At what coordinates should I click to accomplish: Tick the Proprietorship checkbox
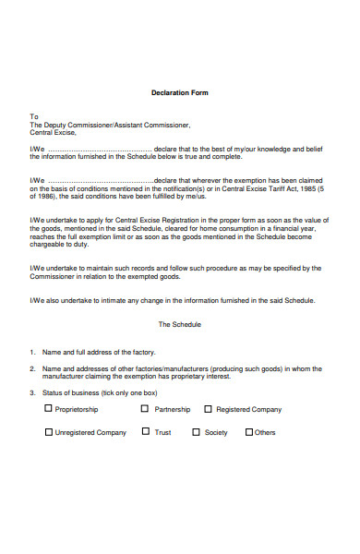48,409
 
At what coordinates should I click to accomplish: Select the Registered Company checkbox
208,409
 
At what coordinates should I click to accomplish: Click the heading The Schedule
179,325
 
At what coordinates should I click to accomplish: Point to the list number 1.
31,353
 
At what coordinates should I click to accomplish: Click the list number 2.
31,368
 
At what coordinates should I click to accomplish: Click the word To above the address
34,116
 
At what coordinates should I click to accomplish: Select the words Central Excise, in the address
54,132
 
